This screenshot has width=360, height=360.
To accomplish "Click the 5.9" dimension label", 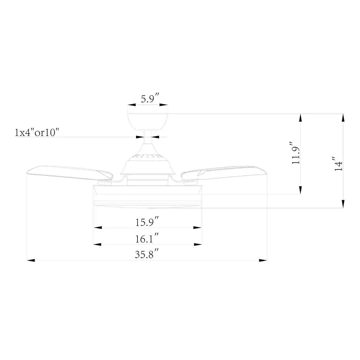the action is [150, 98].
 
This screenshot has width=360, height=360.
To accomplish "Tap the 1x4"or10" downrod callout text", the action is [37, 132].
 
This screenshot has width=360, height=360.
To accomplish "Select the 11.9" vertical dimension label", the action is [296, 153].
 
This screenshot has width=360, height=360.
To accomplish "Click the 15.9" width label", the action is [147, 221].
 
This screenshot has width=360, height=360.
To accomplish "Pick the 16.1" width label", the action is [147, 238].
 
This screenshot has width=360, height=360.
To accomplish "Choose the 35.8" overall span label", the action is [147, 254].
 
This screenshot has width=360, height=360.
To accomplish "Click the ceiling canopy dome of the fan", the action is [148, 121].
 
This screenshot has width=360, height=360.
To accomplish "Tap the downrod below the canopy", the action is [148, 137].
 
